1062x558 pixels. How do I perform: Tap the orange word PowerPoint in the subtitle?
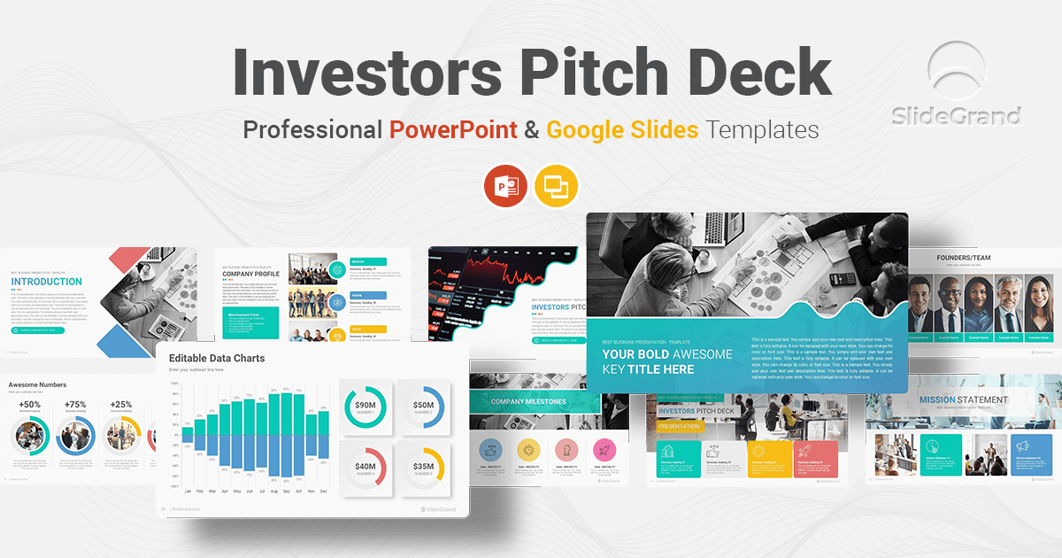coord(453,130)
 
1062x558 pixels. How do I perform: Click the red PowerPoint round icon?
coord(505,186)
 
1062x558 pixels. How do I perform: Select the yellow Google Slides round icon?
coord(557,186)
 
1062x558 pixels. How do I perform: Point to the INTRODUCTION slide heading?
coord(47,283)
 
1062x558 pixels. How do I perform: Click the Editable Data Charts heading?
coord(217,358)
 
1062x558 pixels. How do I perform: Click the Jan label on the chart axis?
coord(188,491)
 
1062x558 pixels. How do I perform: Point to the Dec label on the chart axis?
coord(323,491)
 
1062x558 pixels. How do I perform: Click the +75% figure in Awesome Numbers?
coord(75,405)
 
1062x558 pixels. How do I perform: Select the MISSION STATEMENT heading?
coord(963,399)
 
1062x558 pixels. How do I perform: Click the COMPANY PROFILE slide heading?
coord(250,274)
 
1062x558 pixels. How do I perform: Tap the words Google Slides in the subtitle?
coord(622,130)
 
